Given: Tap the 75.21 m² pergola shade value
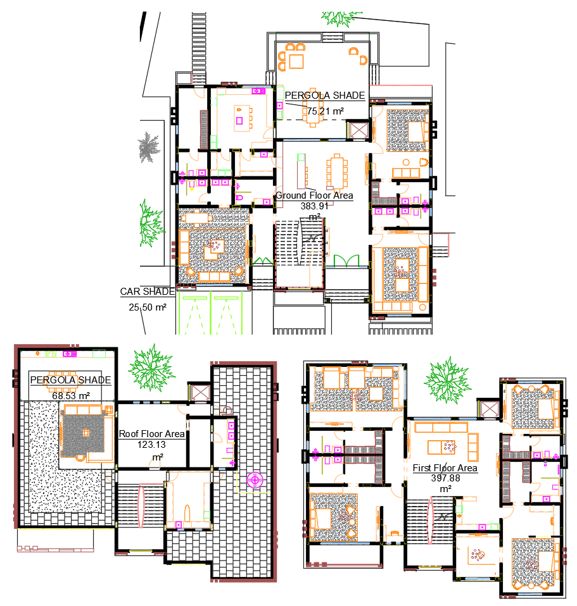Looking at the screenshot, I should click(x=325, y=111).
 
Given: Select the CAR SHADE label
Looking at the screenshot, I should click(x=148, y=292).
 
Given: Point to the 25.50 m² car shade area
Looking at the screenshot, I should click(x=148, y=307).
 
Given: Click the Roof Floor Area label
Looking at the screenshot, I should click(x=152, y=434).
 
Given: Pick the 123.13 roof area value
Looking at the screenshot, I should click(x=151, y=445).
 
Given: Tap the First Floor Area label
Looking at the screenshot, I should click(x=445, y=468).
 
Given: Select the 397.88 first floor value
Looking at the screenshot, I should click(x=445, y=478).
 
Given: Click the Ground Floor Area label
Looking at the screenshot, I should click(x=314, y=195).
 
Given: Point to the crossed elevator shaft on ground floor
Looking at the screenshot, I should click(x=358, y=130).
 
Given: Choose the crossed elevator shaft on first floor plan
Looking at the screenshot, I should click(x=490, y=408).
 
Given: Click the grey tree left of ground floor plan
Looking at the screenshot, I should click(x=149, y=147).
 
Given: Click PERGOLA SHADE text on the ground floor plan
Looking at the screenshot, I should click(x=324, y=96).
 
